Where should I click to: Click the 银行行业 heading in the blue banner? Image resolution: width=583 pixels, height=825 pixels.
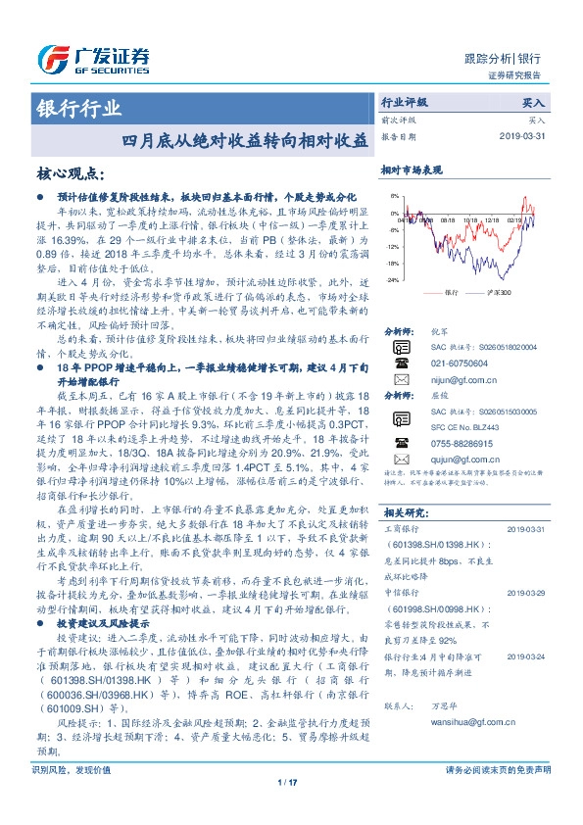point(79,108)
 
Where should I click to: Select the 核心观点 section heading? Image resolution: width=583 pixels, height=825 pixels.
point(69,173)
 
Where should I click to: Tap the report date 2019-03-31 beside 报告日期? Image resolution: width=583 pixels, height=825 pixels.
point(526,136)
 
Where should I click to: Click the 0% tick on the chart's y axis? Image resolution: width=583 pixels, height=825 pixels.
point(394,214)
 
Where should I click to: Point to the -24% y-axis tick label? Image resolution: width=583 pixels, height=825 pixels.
point(392,280)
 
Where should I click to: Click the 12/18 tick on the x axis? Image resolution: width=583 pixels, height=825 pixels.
point(491,221)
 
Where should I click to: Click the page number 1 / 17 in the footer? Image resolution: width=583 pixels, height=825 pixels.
point(286,809)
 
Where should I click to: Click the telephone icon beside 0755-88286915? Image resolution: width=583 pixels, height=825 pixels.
point(399,443)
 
